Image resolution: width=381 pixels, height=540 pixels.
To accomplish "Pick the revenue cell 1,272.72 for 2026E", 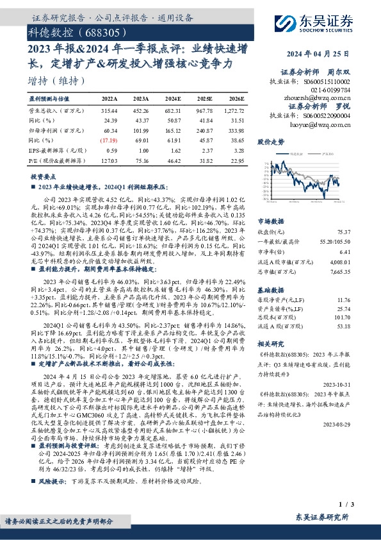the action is [x=232, y=111].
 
